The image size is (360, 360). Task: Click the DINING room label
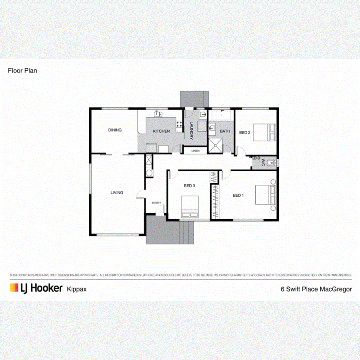[115, 130]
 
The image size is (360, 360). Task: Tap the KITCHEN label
[162, 131]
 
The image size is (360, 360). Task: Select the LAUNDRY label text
[192, 130]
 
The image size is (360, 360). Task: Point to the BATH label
[225, 131]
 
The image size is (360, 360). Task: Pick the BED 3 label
[190, 186]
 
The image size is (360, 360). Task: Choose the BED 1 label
[238, 195]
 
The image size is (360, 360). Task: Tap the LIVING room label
[117, 192]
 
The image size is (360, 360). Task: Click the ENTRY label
[156, 203]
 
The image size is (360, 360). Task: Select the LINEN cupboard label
[195, 151]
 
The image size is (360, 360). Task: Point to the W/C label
[263, 162]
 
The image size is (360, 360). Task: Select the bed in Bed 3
[189, 206]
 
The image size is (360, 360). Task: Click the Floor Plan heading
[22, 70]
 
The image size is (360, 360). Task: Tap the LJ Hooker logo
[36, 288]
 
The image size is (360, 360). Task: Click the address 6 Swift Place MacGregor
[316, 289]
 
